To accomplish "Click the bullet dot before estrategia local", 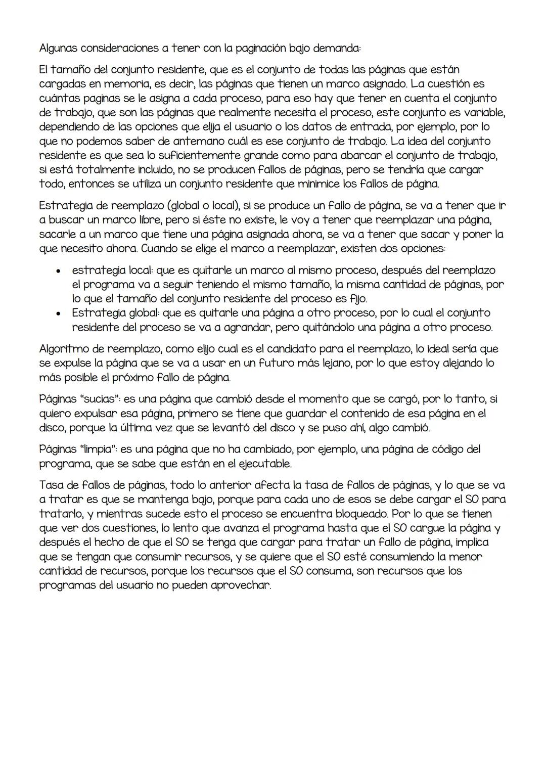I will point(59,270).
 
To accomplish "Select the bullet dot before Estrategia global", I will point(59,313).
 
